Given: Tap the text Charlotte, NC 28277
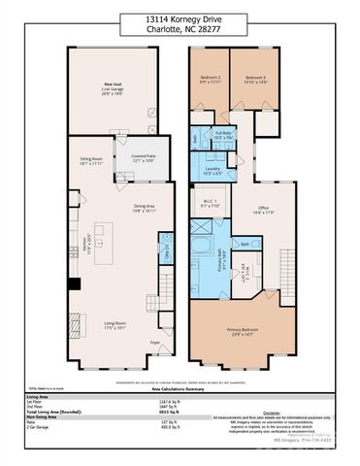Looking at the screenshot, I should point(179,28).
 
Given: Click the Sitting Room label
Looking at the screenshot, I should point(92,158).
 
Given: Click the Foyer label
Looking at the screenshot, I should point(154,343).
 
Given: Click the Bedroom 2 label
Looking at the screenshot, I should point(211,80).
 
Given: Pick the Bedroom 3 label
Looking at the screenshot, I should point(254,80).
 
